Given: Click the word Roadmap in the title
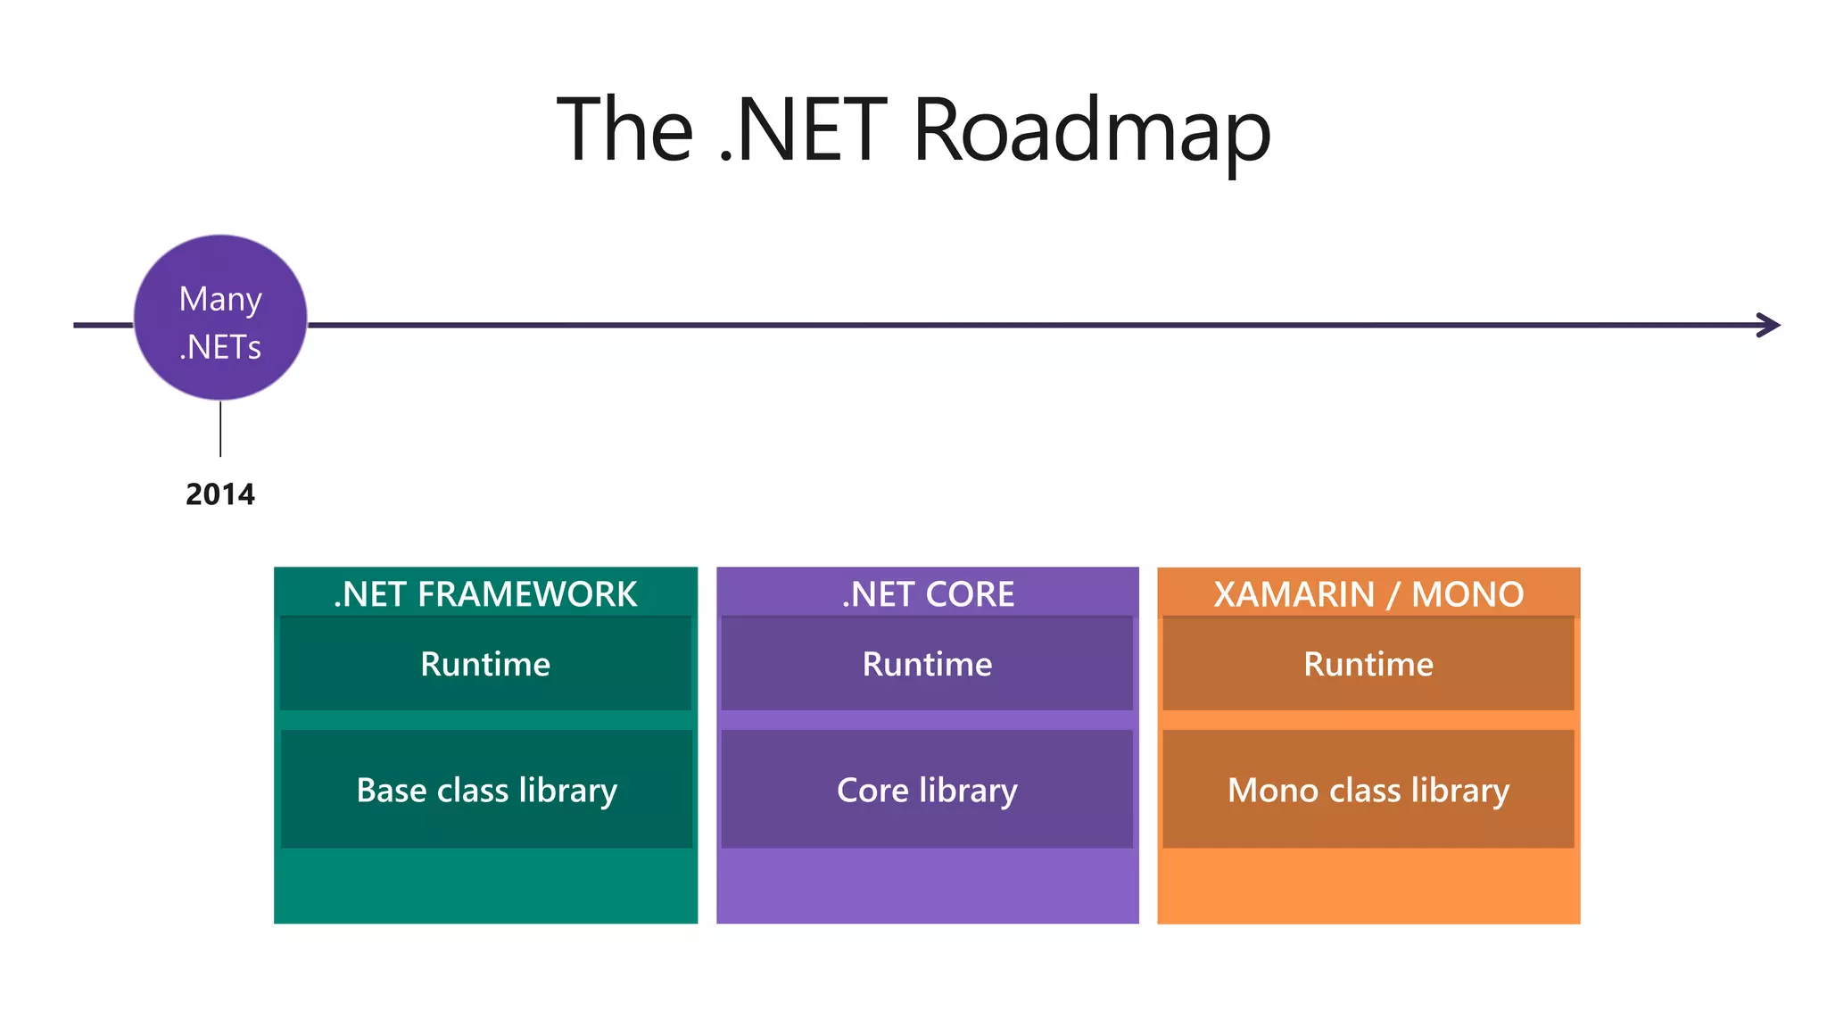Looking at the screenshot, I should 1091,131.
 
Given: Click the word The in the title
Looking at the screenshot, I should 624,131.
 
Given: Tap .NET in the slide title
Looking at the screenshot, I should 803,131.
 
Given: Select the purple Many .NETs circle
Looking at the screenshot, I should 220,319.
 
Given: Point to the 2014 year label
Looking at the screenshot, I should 220,494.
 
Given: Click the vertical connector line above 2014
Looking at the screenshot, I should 220,429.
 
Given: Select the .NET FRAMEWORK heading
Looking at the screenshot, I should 485,594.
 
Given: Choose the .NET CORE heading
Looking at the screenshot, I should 928,594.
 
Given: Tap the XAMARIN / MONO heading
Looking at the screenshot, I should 1368,594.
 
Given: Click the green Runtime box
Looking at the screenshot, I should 485,664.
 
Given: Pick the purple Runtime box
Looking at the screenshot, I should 928,664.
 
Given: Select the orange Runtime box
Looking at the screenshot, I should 1368,664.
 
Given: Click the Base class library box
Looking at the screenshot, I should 486,790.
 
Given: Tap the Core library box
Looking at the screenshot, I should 928,790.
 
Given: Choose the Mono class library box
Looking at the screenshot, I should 1368,790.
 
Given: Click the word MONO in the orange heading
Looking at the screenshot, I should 1467,594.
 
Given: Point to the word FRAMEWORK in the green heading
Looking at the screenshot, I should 527,594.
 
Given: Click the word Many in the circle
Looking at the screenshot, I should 220,299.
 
